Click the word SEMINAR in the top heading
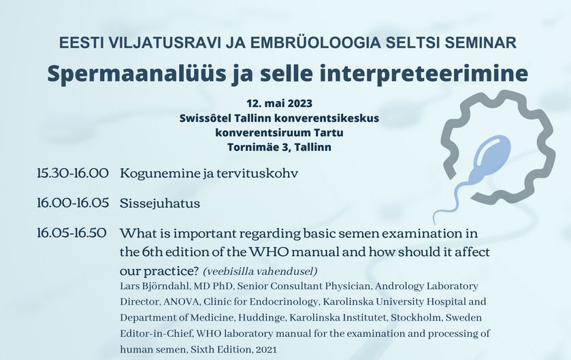click(x=480, y=43)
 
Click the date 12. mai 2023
click(x=279, y=103)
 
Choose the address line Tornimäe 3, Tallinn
click(x=279, y=147)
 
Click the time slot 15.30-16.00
click(x=73, y=173)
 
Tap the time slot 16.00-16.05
click(x=73, y=203)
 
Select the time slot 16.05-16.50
click(x=71, y=233)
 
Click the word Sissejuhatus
click(x=160, y=203)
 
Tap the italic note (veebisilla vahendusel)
click(x=260, y=271)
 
